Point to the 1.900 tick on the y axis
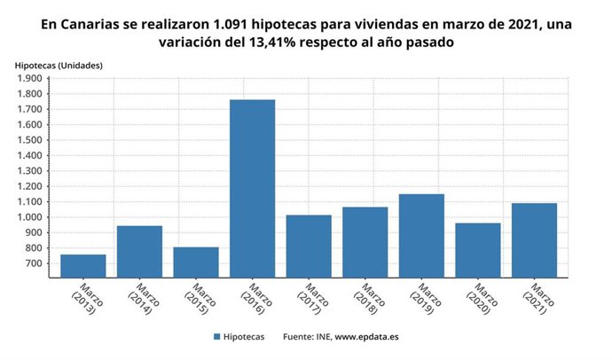click(34, 78)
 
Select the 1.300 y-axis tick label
click(34, 171)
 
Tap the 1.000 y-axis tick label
click(34, 217)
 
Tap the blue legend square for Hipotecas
click(216, 337)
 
